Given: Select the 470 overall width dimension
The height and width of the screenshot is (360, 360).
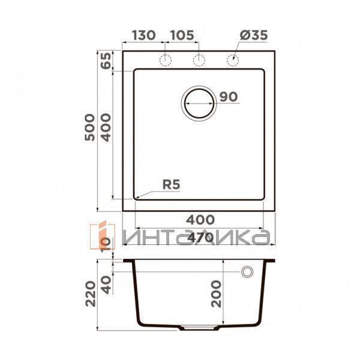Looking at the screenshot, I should pyautogui.click(x=200, y=238).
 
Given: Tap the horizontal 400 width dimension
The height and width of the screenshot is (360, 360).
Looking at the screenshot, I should pyautogui.click(x=200, y=221).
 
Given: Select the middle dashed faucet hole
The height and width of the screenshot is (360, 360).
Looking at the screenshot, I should pyautogui.click(x=199, y=59).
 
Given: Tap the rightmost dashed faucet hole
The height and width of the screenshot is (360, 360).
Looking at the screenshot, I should pyautogui.click(x=232, y=59).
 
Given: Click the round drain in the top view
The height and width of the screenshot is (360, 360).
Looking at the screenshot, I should pyautogui.click(x=199, y=103).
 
